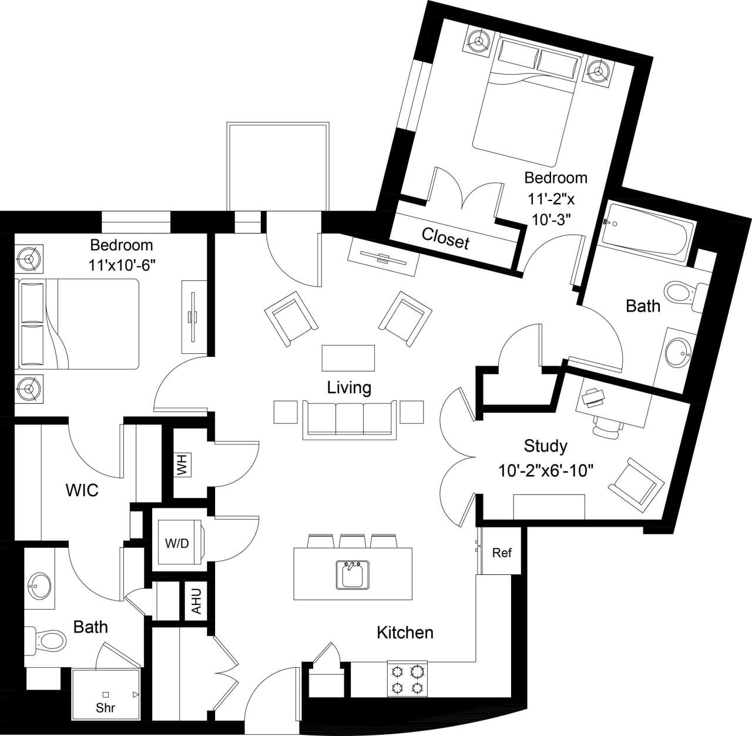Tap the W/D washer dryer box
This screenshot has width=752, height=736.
click(177, 543)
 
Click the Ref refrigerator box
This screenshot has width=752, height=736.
click(501, 553)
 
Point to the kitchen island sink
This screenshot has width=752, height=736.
click(352, 574)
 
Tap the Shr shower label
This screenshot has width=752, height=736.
click(106, 708)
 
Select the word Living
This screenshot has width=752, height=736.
click(349, 387)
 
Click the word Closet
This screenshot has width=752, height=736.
click(445, 239)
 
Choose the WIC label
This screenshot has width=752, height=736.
click(82, 490)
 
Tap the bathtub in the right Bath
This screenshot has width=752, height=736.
click(646, 232)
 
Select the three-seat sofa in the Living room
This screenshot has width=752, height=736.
click(350, 419)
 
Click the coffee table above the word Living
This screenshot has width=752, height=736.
click(348, 358)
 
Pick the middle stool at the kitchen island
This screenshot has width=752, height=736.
click(352, 541)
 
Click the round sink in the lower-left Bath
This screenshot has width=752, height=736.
click(40, 584)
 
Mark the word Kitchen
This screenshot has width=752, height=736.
click(405, 633)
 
